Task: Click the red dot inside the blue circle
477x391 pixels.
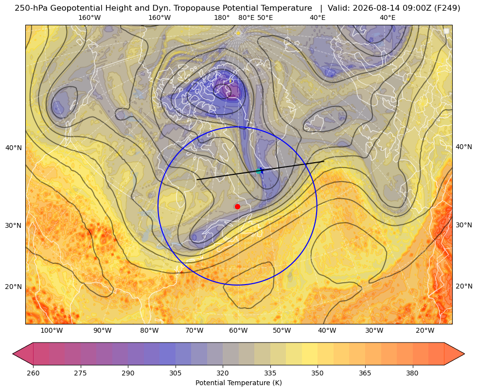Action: pos(238,206)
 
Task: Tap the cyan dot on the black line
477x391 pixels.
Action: pos(259,171)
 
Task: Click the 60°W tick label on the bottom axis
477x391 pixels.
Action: pos(238,331)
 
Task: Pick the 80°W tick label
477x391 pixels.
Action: pos(149,331)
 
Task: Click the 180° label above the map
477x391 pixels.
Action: pos(222,17)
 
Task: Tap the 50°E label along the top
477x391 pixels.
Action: pos(265,17)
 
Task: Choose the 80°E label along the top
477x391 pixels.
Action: pos(246,17)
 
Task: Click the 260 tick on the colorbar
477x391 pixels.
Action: pos(33,373)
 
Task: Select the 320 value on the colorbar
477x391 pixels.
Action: pos(223,373)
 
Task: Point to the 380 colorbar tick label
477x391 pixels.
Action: pos(412,373)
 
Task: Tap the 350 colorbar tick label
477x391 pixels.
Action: pos(318,373)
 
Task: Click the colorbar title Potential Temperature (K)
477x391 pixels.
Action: pos(238,383)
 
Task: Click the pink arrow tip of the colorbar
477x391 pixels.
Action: pos(14,354)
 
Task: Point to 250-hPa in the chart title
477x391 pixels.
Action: pos(31,8)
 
